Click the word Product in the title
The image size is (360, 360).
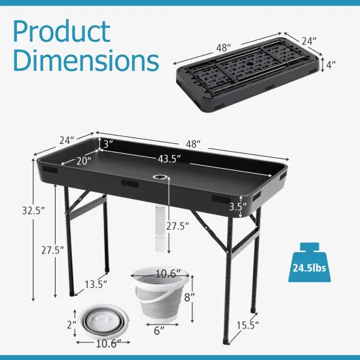pyautogui.click(x=61, y=31)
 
